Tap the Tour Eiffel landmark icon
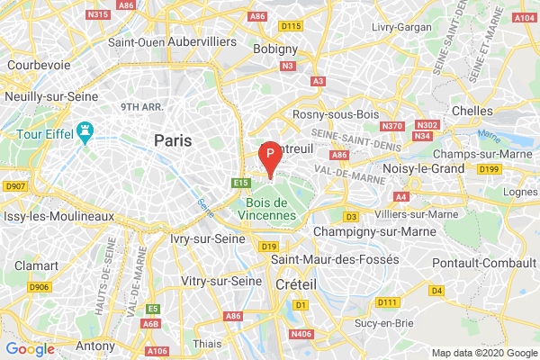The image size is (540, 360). coord(86,133)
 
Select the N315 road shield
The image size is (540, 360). coord(97,14)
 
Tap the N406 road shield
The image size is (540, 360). coord(301,334)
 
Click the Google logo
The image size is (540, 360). coord(31,348)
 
